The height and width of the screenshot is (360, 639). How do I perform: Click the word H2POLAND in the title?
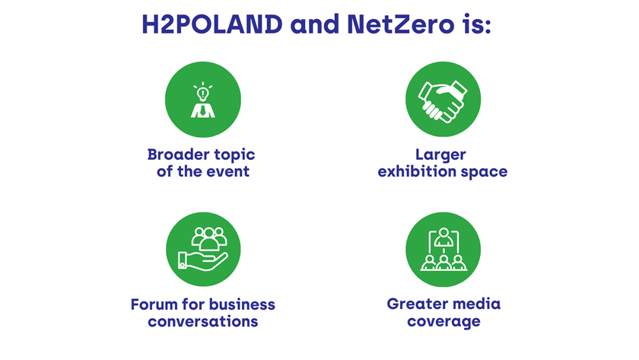pyautogui.click(x=212, y=24)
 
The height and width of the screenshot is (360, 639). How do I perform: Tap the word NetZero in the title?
pyautogui.click(x=401, y=24)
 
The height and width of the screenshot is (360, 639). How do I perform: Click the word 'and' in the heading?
pyautogui.click(x=315, y=24)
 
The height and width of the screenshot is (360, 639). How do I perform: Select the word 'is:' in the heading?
pyautogui.click(x=477, y=24)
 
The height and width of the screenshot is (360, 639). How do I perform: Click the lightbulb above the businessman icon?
pyautogui.click(x=203, y=94)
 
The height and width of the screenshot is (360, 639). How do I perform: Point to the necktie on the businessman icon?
pyautogui.click(x=203, y=110)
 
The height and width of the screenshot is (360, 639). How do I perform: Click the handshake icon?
pyautogui.click(x=443, y=102)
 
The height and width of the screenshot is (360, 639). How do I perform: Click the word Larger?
pyautogui.click(x=440, y=155)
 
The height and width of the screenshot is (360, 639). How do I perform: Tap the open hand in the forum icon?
pyautogui.click(x=203, y=261)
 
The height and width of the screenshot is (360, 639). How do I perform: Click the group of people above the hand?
pyautogui.click(x=209, y=239)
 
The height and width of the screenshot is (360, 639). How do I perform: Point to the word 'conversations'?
pyautogui.click(x=203, y=322)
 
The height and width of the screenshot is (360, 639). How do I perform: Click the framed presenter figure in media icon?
pyautogui.click(x=443, y=239)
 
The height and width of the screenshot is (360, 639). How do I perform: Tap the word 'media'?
pyautogui.click(x=476, y=304)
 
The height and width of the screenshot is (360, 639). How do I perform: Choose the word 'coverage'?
pyautogui.click(x=443, y=322)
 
